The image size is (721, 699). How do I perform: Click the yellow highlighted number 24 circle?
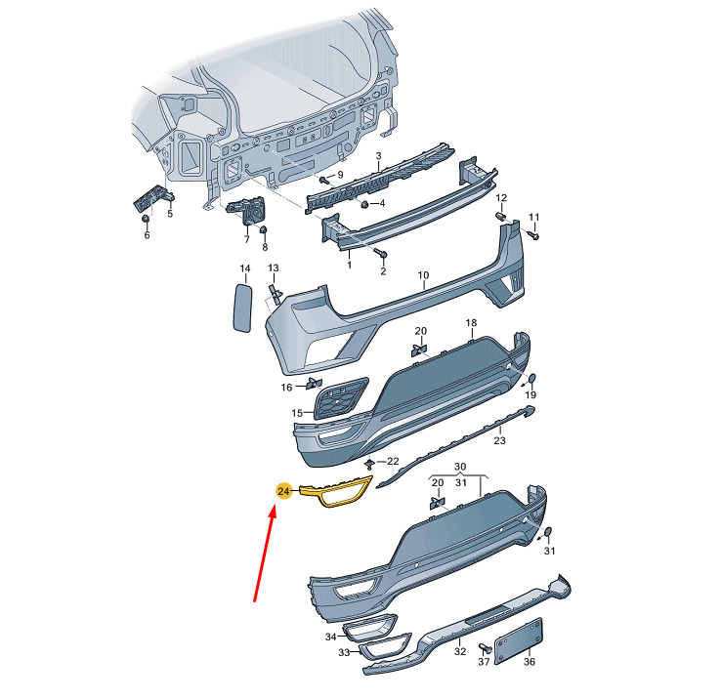(x=283, y=491)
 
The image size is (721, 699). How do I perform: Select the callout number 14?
(x=245, y=268)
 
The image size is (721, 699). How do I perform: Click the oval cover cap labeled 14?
(x=242, y=308)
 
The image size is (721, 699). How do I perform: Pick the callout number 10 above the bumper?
(x=423, y=275)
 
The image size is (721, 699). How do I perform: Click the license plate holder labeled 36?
(x=518, y=640)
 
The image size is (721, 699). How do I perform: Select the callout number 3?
(x=378, y=156)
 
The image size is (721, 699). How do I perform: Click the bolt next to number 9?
(x=325, y=180)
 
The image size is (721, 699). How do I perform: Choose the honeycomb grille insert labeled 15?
(x=341, y=397)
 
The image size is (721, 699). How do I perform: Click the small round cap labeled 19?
(x=531, y=379)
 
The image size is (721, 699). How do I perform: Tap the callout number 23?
(x=499, y=440)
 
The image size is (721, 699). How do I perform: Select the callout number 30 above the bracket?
(x=460, y=467)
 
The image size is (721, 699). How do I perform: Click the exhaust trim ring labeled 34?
(x=369, y=627)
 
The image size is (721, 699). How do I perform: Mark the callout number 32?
(x=460, y=651)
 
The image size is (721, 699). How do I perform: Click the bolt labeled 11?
(x=533, y=235)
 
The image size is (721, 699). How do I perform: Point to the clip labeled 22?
(x=369, y=463)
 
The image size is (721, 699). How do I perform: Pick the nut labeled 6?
(x=145, y=219)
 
